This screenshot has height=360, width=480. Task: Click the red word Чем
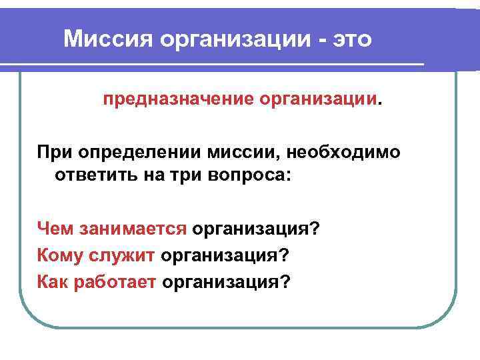tap(55, 229)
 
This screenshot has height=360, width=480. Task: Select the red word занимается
tap(133, 229)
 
